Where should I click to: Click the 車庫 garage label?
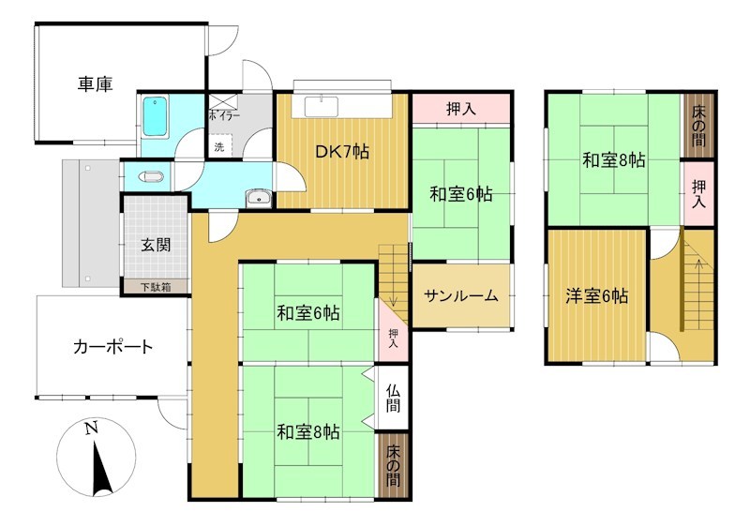(x=96, y=84)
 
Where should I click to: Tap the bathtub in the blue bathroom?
(x=155, y=116)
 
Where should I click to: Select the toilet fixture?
(x=151, y=176)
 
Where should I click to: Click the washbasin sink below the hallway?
(x=259, y=198)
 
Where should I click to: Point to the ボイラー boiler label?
(x=224, y=115)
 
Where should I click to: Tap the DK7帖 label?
(x=341, y=152)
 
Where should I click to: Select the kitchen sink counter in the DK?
(x=322, y=107)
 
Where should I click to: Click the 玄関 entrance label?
(x=156, y=246)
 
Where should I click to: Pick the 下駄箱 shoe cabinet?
(x=156, y=287)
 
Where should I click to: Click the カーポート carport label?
(x=112, y=347)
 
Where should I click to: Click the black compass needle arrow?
(x=101, y=469)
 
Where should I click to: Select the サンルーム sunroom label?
(x=461, y=296)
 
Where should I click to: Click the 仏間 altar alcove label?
(x=393, y=398)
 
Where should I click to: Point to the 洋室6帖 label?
(x=596, y=296)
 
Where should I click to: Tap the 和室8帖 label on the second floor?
(x=614, y=159)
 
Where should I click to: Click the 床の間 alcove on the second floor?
(x=698, y=126)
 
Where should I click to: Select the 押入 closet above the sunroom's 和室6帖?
(x=461, y=109)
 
